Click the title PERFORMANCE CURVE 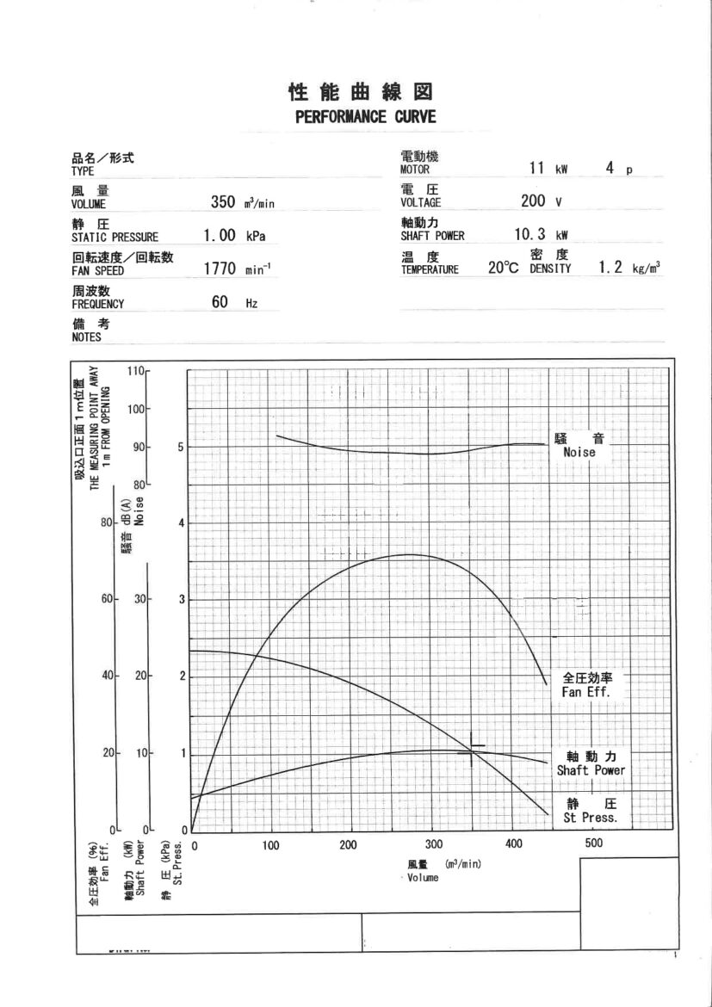tap(366, 117)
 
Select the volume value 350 tap(223, 202)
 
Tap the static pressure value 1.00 tap(220, 236)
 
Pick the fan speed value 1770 tap(220, 269)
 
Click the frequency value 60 tap(220, 302)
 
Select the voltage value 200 tap(533, 201)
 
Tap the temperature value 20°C tap(504, 268)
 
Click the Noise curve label tap(579, 452)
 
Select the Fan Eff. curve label tap(585, 693)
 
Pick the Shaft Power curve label tap(591, 770)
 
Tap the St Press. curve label tap(591, 818)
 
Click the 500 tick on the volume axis tap(593, 843)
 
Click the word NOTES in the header tap(86, 337)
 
